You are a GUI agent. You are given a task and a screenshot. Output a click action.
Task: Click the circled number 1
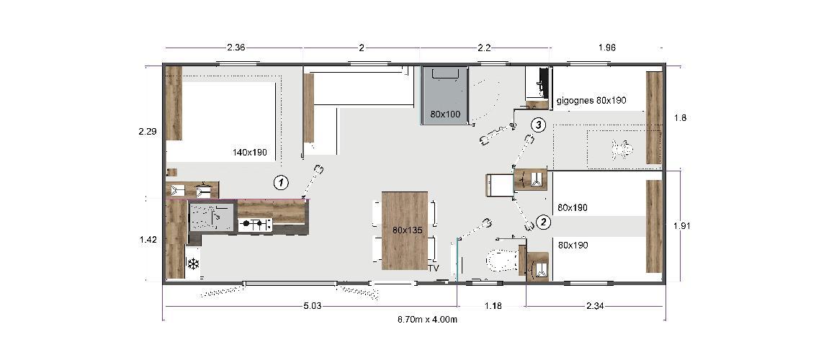click(282, 183)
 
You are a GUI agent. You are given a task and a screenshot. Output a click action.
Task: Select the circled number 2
click(544, 222)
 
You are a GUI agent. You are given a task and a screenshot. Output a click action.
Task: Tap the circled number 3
click(538, 125)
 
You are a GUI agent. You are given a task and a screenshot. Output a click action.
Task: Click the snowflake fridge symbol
click(194, 263)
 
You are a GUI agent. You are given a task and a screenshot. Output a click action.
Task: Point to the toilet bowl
click(501, 259)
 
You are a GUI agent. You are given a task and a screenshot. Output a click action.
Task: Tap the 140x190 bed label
click(249, 152)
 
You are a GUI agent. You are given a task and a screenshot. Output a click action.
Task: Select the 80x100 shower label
click(444, 114)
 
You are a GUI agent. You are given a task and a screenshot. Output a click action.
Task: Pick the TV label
click(434, 268)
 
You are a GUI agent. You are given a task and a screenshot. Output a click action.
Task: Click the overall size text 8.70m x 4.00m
click(427, 319)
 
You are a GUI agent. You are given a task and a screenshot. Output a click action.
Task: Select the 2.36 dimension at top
click(236, 48)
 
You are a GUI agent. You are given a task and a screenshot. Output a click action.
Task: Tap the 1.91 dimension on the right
click(682, 226)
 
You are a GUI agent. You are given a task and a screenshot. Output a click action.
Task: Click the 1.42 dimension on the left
click(148, 240)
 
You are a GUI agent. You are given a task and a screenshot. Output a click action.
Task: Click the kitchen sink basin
click(212, 217)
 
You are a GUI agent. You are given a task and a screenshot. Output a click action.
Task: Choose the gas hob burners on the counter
click(256, 225)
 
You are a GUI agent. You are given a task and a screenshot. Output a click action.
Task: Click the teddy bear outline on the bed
click(622, 149)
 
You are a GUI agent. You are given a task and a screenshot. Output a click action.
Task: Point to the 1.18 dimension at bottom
click(493, 305)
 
